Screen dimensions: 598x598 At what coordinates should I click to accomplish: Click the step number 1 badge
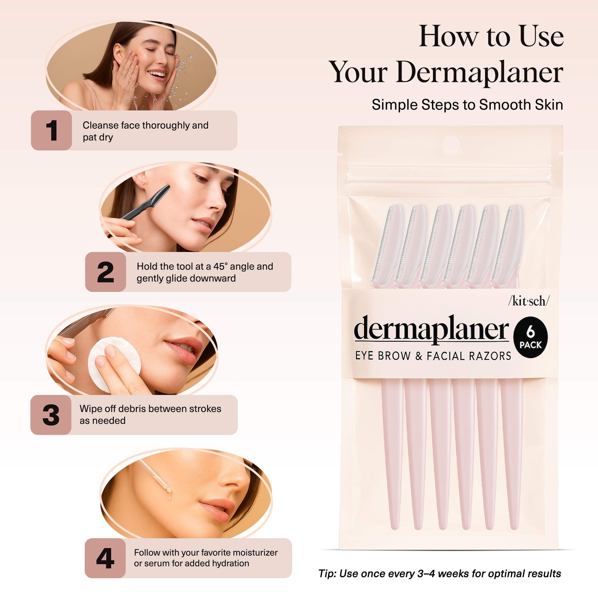pyautogui.click(x=51, y=131)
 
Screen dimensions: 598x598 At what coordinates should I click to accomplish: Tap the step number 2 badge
pyautogui.click(x=105, y=272)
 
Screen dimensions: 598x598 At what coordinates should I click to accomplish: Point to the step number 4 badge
pyautogui.click(x=105, y=558)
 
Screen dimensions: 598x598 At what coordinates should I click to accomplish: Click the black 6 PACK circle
pyautogui.click(x=531, y=337)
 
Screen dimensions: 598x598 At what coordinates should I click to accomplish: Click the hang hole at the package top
pyautogui.click(x=451, y=144)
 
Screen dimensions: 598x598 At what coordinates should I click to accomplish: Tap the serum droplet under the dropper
pyautogui.click(x=169, y=497)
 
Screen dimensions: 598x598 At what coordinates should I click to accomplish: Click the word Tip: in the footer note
pyautogui.click(x=328, y=574)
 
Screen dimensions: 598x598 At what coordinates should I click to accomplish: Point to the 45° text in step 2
pyautogui.click(x=220, y=266)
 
